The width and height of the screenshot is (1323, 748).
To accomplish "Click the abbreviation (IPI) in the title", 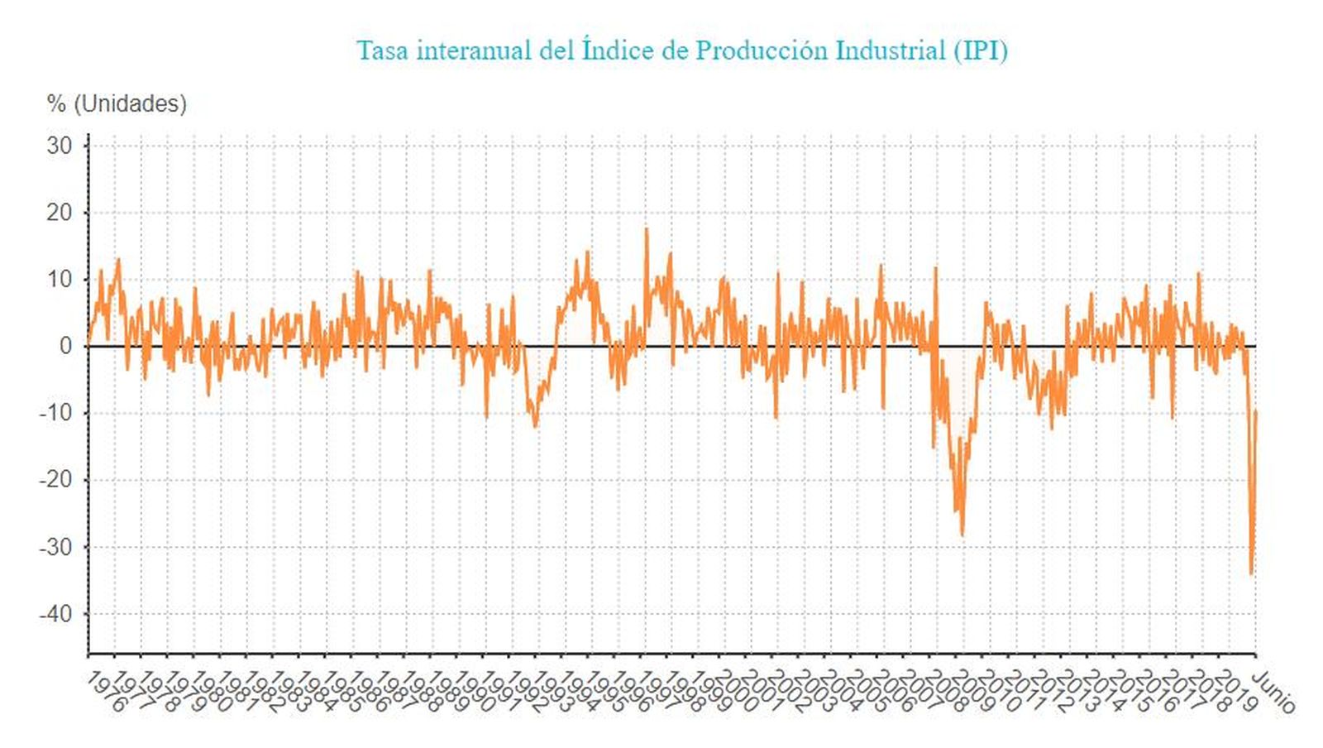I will [x=980, y=50].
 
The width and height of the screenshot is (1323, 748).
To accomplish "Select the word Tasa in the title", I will [x=383, y=50].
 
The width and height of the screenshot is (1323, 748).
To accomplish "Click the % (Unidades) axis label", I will [x=117, y=103].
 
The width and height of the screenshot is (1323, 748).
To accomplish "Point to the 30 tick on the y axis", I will [x=60, y=146].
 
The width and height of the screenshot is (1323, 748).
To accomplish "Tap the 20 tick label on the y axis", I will [x=60, y=213].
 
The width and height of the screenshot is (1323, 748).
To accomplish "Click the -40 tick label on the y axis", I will [x=56, y=614].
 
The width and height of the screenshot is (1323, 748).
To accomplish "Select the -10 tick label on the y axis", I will [x=56, y=413].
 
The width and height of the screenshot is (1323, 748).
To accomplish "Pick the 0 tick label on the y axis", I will [x=66, y=347].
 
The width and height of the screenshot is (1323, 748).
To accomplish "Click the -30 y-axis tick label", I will [x=56, y=547].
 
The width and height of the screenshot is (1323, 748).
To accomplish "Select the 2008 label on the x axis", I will [x=948, y=691].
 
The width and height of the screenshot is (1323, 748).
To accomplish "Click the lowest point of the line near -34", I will [x=1251, y=573].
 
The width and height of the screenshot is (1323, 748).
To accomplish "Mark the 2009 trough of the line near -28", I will [x=962, y=535].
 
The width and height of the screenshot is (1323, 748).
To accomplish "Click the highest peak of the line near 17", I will [x=646, y=230].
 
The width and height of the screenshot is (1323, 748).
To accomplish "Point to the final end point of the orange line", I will [x=1256, y=411].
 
